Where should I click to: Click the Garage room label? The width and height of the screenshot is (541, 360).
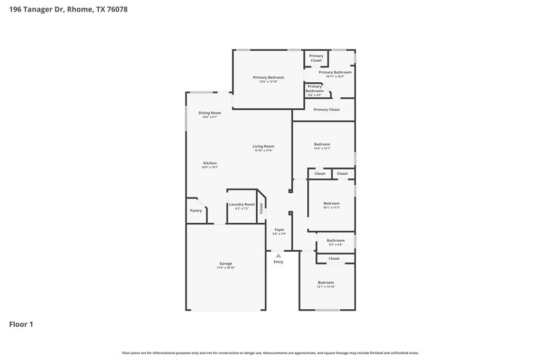[226, 263]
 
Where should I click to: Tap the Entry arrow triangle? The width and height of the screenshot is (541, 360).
[278, 255]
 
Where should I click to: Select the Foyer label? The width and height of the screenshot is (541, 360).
[279, 230]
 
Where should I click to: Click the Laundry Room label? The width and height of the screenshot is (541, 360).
[242, 204]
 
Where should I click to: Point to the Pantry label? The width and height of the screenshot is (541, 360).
[196, 211]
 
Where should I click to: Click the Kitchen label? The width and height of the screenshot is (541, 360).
[210, 163]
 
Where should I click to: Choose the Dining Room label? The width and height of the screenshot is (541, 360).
[210, 112]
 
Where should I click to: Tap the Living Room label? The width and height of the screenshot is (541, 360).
[263, 146]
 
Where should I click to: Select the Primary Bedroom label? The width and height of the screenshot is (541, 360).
[268, 78]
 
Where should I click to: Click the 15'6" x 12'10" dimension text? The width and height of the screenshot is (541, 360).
[268, 82]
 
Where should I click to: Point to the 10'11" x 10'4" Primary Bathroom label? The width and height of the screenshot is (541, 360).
[335, 72]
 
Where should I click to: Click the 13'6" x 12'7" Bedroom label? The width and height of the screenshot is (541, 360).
[322, 144]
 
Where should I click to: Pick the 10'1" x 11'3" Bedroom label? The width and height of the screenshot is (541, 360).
[331, 203]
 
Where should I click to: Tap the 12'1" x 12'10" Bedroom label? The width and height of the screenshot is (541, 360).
[325, 282]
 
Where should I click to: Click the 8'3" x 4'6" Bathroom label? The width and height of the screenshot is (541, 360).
[335, 240]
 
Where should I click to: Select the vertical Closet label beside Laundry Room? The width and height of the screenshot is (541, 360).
[261, 209]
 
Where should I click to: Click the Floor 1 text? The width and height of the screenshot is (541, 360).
[21, 324]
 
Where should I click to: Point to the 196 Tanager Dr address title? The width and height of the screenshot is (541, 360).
[68, 9]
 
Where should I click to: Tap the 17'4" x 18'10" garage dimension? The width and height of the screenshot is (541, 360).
[226, 268]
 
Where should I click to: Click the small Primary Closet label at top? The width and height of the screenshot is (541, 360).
[316, 58]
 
